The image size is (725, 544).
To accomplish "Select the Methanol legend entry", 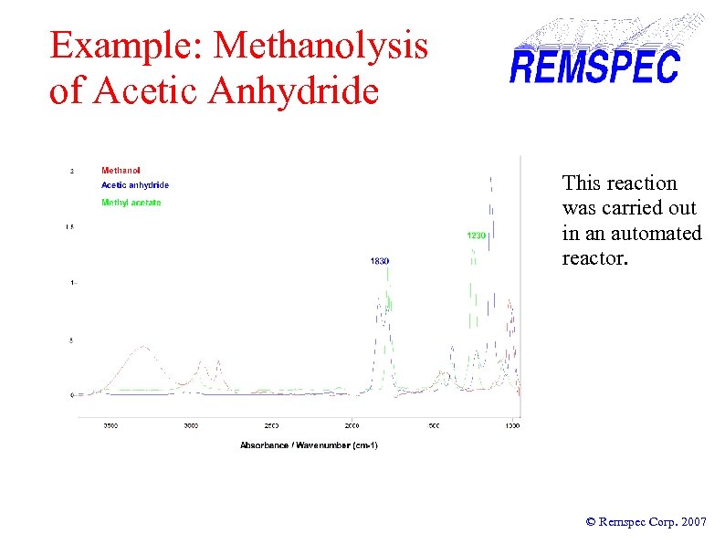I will click(x=121, y=171).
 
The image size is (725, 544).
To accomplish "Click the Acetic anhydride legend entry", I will click(x=134, y=185).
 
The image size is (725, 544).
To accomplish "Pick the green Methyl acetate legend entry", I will click(x=131, y=203).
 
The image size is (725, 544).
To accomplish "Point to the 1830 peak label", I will click(x=379, y=261).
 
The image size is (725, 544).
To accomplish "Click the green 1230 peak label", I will click(x=476, y=235).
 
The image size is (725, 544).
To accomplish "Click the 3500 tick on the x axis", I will click(x=110, y=425).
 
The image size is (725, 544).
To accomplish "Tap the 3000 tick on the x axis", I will click(x=191, y=425).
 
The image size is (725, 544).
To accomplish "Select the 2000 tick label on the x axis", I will click(x=352, y=425).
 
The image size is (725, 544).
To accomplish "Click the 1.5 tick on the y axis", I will click(x=69, y=226).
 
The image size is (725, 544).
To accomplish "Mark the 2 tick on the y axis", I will click(x=72, y=171).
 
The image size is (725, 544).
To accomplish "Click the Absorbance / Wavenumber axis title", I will click(x=309, y=445).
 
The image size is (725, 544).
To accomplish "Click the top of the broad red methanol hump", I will click(x=143, y=347).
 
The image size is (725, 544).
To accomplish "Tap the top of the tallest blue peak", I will click(x=492, y=177).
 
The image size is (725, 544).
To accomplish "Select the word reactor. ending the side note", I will click(x=595, y=258).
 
